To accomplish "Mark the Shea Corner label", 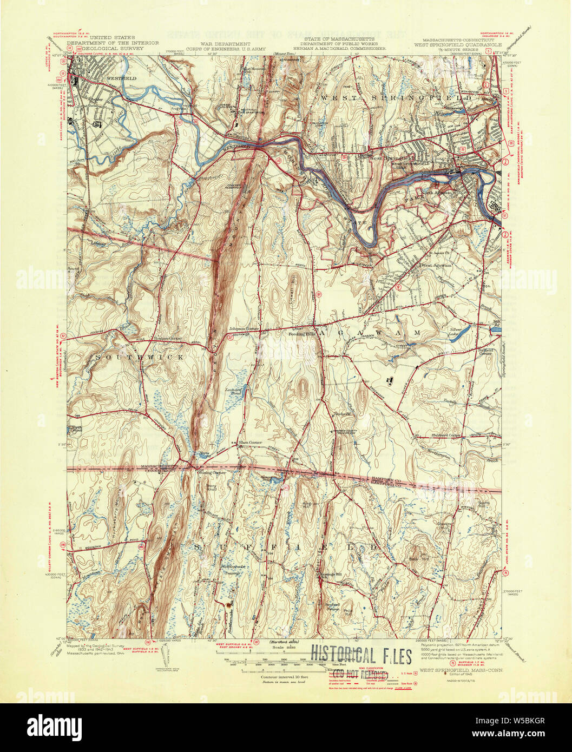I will click(250, 442).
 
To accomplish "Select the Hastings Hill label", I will click(330, 575).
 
